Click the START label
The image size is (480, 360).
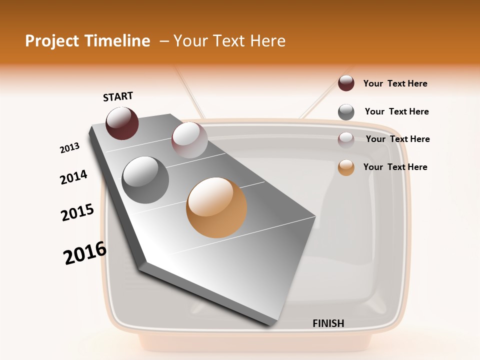pos(118,96)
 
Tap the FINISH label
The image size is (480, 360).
pos(328,323)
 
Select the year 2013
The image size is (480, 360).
pos(70,147)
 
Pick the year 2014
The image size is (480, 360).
pos(73,177)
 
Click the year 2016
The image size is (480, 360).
pos(85,253)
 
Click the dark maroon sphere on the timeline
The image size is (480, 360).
pos(122,123)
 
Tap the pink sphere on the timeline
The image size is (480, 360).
pos(189,140)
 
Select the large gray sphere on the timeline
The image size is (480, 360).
pos(145,180)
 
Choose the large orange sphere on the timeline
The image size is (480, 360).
pos(216,207)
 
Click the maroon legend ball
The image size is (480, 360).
pos(346,83)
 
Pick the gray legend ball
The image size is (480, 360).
pos(346,112)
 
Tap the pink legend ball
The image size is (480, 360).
pos(346,140)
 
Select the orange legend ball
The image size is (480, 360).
pos(346,167)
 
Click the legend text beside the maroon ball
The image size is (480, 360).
pos(395,83)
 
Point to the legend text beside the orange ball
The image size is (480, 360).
pos(395,167)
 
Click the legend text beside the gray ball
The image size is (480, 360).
pos(396,111)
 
